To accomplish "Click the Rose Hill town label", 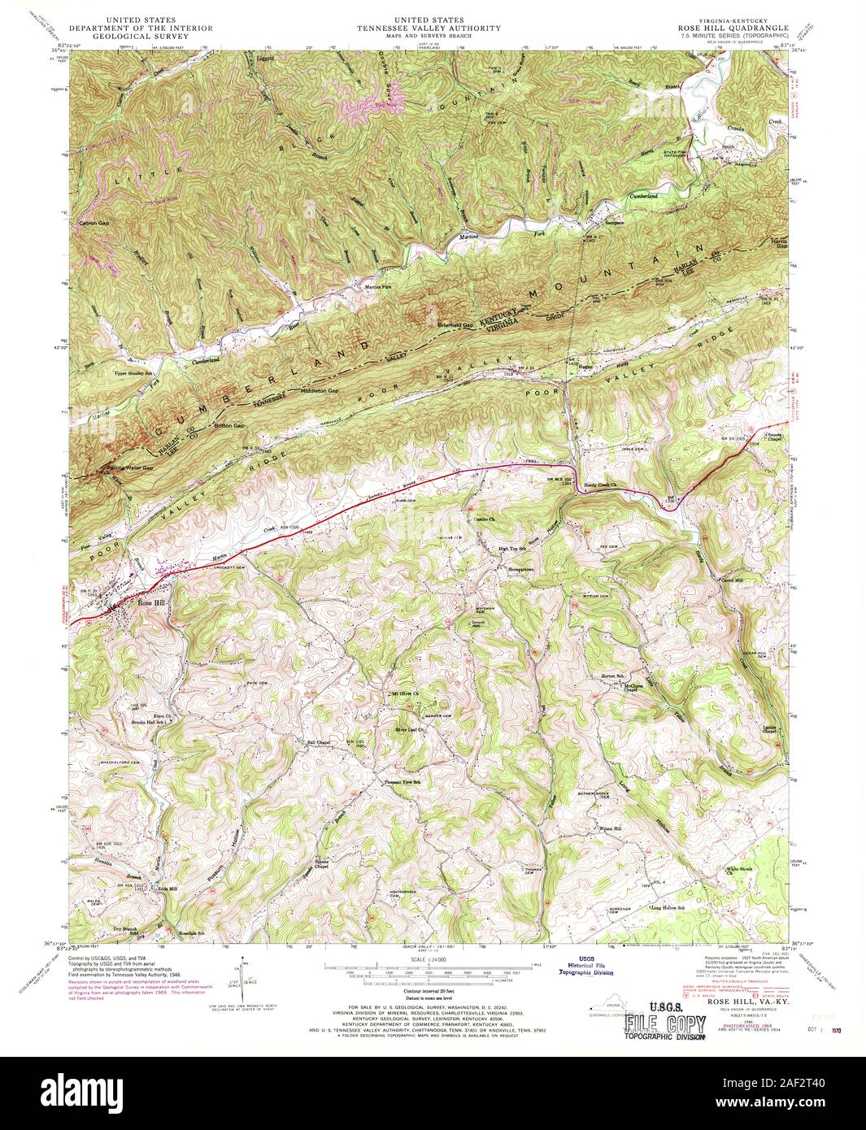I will pyautogui.click(x=151, y=602).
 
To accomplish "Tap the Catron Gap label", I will pyautogui.click(x=94, y=222).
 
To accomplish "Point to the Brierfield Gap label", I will pyautogui.click(x=456, y=325).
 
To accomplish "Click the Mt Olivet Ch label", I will pyautogui.click(x=404, y=693).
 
